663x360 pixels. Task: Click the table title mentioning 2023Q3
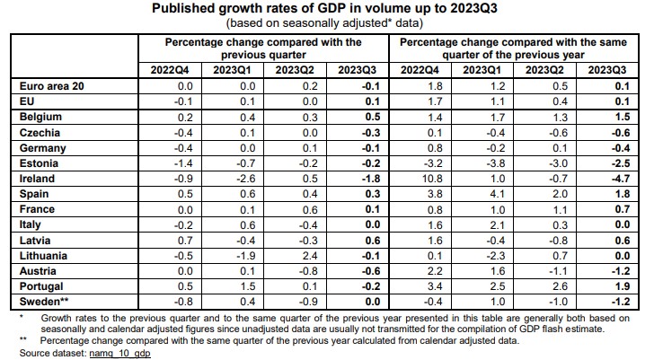(324, 8)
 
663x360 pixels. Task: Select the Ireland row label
(37, 179)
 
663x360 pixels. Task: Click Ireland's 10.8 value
(432, 179)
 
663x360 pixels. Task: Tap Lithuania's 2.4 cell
(310, 256)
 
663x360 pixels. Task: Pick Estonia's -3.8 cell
(496, 163)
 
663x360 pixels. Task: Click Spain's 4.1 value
(498, 194)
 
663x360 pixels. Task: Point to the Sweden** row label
(44, 302)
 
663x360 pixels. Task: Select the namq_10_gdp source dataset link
(119, 353)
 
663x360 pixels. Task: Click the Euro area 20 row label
(51, 86)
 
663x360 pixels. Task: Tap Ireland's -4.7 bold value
(620, 179)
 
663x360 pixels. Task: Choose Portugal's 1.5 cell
(247, 286)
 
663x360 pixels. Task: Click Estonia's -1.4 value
(183, 163)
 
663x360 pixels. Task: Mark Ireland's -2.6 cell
(245, 179)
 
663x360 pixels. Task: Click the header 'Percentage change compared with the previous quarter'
(263, 48)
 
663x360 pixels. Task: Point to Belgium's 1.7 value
(498, 117)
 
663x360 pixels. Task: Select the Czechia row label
(40, 133)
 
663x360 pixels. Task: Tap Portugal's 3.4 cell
(435, 286)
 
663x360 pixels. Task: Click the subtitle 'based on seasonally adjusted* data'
(324, 22)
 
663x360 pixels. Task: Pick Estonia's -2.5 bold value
(620, 163)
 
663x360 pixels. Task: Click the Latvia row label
(35, 241)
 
